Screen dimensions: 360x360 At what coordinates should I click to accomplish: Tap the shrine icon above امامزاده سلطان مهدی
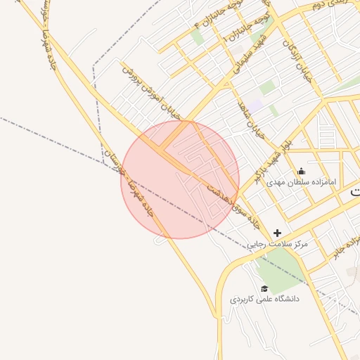click(x=302, y=171)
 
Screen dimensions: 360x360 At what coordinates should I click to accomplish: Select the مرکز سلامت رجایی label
click(x=278, y=245)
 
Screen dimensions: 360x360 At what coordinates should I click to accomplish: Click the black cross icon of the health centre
click(x=278, y=233)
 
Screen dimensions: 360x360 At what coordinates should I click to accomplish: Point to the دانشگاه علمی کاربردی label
click(x=264, y=299)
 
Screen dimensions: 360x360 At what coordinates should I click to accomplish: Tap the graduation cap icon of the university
click(x=264, y=288)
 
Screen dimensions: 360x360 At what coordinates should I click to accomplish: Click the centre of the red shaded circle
click(x=180, y=179)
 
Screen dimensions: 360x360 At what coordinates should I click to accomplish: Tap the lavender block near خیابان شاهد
click(x=254, y=105)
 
